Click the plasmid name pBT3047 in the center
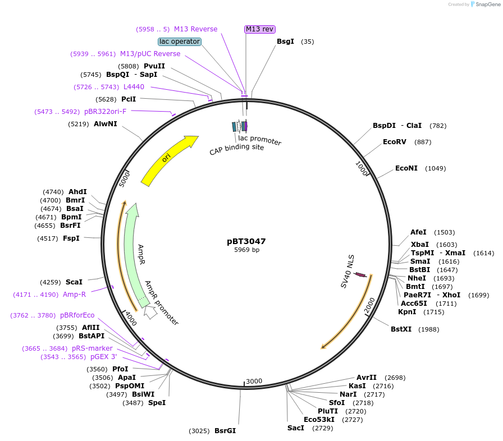pos(246,241)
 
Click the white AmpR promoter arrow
pos(150,312)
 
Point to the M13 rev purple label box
pos(260,29)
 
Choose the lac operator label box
pos(180,42)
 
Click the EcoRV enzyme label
pos(394,142)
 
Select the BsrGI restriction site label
pos(225,431)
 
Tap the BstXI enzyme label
pos(401,329)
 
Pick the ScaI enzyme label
pos(74,282)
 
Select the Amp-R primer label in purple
pos(74,294)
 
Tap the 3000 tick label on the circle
pos(254,381)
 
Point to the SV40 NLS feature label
pos(347,272)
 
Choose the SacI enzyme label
pos(295,428)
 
